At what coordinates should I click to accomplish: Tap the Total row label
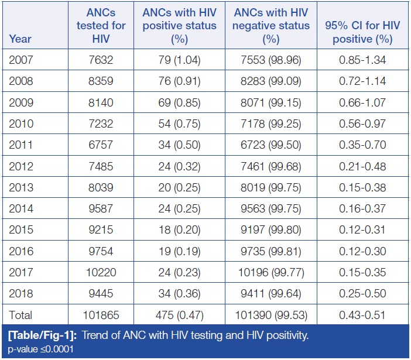coord(22,315)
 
